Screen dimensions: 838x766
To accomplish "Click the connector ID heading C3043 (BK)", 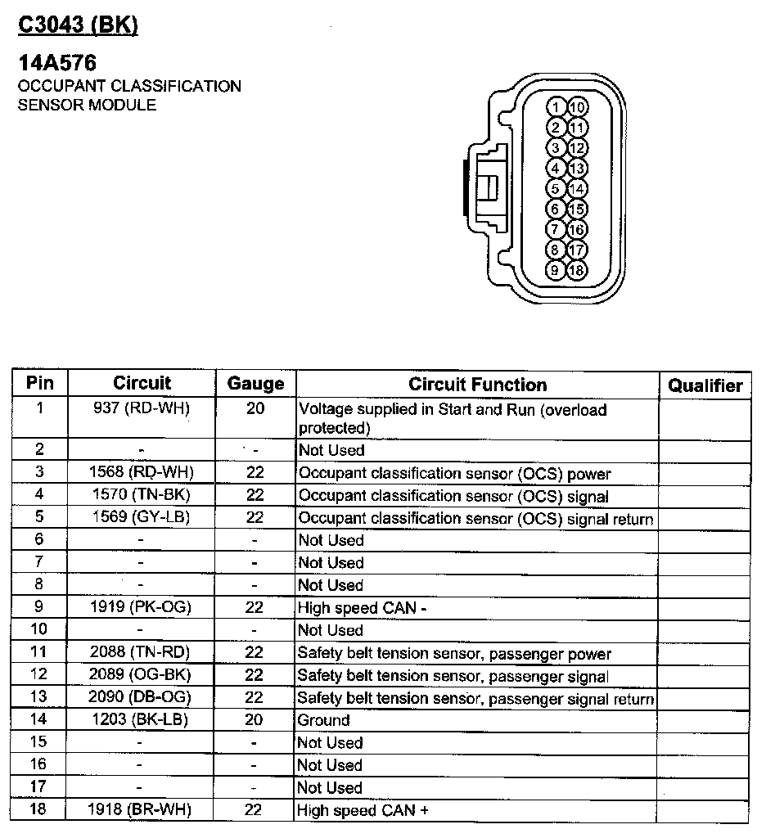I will (79, 25).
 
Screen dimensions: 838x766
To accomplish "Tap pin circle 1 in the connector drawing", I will (556, 107).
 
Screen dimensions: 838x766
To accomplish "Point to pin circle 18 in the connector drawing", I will (577, 270).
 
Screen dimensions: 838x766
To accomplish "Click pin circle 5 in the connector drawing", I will (556, 188).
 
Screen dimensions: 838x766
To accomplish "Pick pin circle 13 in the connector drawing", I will (577, 169).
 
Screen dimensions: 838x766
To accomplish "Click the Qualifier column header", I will (705, 385).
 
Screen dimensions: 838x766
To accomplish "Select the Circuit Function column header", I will (477, 385).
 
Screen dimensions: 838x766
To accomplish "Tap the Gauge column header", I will (255, 385).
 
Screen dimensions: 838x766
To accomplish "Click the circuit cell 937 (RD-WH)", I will (142, 408).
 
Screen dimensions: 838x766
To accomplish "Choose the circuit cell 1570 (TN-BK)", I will (142, 495).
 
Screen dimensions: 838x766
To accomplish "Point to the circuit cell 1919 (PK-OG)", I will (142, 608).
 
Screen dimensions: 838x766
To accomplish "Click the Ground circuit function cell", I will (324, 720).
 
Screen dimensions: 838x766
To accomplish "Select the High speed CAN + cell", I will (363, 810).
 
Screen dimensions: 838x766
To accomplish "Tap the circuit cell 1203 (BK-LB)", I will (142, 720).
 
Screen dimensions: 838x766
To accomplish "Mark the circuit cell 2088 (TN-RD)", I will (142, 653).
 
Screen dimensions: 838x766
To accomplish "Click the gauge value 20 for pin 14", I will (255, 720).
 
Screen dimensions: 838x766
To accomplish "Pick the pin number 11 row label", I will (39, 653).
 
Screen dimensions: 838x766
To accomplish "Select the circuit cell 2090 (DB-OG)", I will (142, 698).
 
